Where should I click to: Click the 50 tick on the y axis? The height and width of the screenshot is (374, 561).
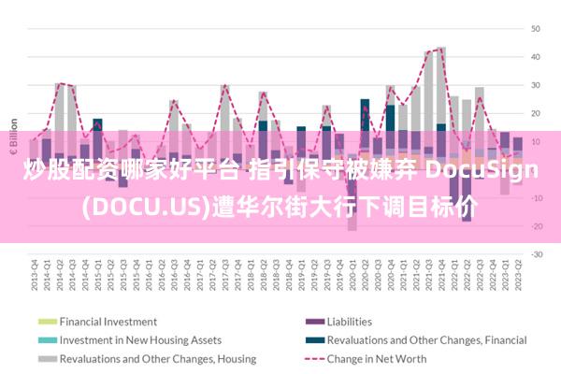click(537, 28)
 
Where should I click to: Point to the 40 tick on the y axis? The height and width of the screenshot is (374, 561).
click(537, 56)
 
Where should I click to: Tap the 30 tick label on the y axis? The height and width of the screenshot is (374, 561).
click(537, 85)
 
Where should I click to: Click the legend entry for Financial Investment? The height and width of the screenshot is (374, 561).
click(108, 322)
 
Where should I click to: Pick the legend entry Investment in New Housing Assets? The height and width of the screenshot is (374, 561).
click(140, 340)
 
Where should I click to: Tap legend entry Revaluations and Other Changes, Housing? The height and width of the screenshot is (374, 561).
click(145, 359)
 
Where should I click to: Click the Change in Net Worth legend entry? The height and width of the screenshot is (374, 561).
click(378, 359)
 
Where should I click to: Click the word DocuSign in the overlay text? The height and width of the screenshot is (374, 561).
click(482, 170)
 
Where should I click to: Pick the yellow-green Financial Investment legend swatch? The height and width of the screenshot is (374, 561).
click(46, 322)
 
